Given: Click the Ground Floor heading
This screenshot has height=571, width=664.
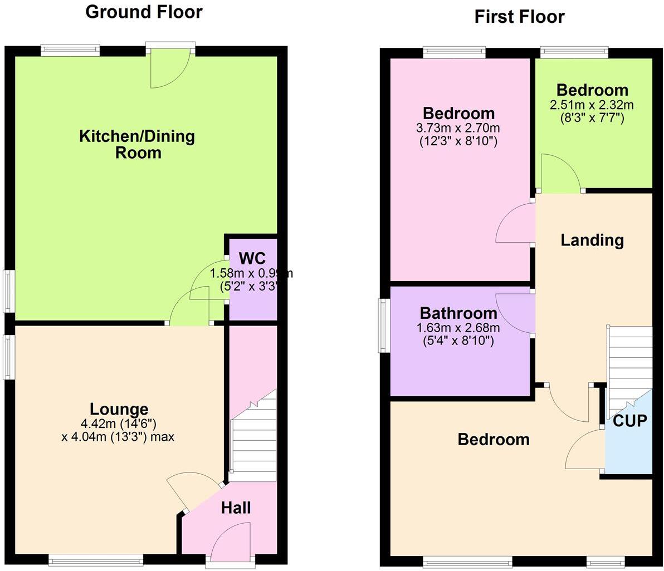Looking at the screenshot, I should (144, 12).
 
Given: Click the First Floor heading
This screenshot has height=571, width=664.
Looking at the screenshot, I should (519, 17).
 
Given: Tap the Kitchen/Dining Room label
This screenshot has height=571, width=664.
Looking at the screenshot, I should (137, 144).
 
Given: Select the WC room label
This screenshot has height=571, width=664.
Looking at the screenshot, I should (252, 258).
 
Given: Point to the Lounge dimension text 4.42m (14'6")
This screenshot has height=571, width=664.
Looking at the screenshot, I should (119, 424).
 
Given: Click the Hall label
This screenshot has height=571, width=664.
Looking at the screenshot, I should (236, 508).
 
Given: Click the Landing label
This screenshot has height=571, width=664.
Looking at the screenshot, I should (592, 240).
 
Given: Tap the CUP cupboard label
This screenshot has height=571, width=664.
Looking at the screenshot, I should (630, 421).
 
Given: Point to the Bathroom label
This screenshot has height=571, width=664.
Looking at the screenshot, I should (458, 313).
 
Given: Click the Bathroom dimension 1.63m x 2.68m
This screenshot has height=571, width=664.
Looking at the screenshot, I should (458, 327).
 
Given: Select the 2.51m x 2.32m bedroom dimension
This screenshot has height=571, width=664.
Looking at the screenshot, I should (592, 105).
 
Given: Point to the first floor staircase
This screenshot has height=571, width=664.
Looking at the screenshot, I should (629, 367).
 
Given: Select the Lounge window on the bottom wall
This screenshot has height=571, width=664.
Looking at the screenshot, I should (95, 559).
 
